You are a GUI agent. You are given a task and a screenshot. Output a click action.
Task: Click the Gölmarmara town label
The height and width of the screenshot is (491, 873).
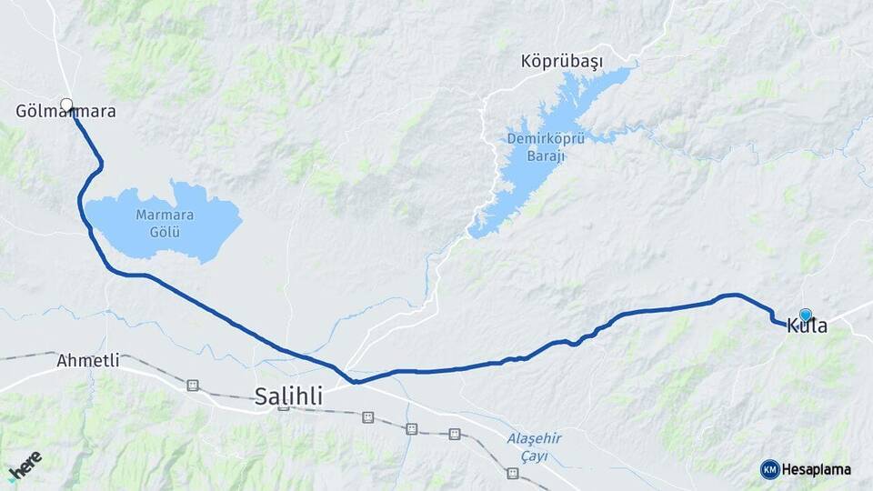tap(65, 113)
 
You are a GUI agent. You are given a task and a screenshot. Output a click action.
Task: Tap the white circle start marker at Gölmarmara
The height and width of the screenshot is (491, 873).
tap(66, 105)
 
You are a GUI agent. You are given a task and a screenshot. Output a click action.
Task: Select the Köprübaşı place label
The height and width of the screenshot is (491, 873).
tap(562, 62)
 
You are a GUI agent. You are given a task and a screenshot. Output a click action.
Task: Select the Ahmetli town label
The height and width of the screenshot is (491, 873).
tap(88, 360)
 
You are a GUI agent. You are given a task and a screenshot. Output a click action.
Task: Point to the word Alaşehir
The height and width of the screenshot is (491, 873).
tap(534, 439)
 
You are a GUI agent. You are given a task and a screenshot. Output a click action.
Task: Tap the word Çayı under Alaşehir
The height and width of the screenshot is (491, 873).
tap(534, 456)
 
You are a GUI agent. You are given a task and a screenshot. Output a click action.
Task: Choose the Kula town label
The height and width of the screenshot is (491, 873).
tap(807, 326)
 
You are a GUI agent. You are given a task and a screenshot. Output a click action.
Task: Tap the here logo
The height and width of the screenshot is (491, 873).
tap(25, 465)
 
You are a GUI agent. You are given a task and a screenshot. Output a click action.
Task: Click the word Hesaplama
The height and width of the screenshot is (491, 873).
tap(817, 469)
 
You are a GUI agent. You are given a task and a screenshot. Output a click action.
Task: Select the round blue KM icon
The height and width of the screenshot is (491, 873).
tap(769, 469)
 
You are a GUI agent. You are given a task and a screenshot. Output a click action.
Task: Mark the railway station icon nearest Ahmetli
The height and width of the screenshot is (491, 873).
tap(192, 386)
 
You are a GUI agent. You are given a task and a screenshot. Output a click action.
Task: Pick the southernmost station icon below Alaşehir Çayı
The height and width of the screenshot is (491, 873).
tap(513, 474)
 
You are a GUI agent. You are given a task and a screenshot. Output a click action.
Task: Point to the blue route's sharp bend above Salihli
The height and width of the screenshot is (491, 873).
tap(356, 382)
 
